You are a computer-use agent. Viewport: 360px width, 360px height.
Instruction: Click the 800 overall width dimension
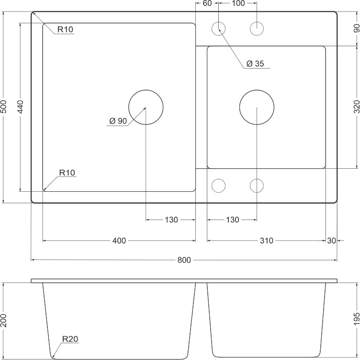click(x=184, y=260)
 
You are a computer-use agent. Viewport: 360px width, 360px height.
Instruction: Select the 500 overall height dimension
click(x=4, y=107)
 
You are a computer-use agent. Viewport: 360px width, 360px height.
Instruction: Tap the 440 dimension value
click(x=20, y=107)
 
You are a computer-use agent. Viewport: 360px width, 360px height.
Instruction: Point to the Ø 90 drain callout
click(x=118, y=121)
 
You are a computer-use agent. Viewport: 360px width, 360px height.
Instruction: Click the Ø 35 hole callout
click(x=255, y=63)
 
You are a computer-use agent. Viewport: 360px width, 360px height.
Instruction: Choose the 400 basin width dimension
click(x=119, y=241)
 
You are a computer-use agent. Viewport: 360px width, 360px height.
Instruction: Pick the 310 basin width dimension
click(x=267, y=241)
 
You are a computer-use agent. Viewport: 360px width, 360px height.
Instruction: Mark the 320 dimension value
click(x=357, y=107)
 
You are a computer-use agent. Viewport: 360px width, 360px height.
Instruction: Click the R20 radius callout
click(x=70, y=338)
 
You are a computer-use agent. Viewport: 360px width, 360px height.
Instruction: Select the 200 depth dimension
click(x=4, y=320)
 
